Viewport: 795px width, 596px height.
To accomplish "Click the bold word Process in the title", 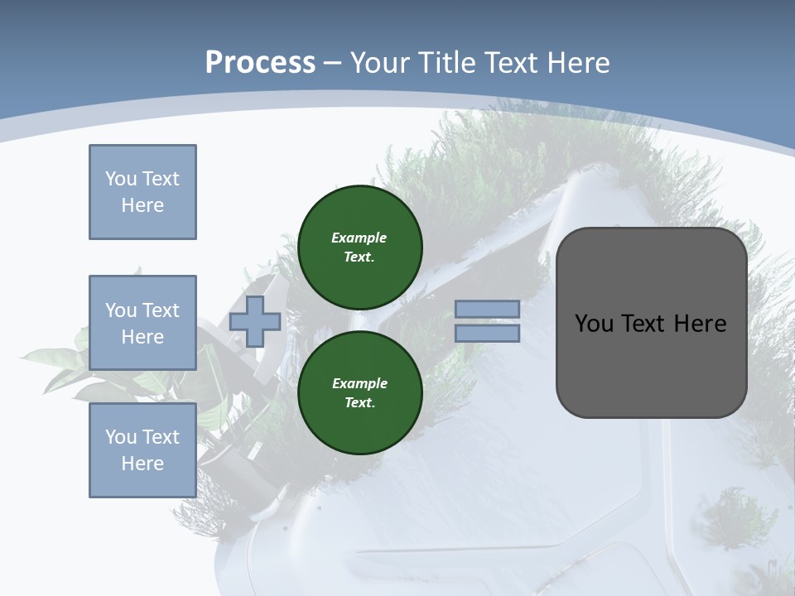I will click(260, 62).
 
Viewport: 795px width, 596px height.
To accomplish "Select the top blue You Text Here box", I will click(142, 192).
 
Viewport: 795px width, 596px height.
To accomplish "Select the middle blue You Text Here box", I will click(142, 323).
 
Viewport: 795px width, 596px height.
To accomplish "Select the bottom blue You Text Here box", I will click(142, 450).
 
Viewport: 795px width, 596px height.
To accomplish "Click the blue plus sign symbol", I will click(255, 321).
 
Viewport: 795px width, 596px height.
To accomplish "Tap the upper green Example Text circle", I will click(359, 247).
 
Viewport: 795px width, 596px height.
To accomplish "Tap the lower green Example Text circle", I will click(359, 392).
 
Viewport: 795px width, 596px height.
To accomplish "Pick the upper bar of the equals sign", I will click(487, 309).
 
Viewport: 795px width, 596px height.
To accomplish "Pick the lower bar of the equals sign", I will click(487, 333).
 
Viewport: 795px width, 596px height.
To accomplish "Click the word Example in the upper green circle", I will click(359, 238).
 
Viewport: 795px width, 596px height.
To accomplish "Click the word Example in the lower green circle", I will click(359, 383).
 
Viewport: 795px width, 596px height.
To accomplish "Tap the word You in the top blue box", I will click(120, 179).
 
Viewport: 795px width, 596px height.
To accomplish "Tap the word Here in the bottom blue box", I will click(142, 464).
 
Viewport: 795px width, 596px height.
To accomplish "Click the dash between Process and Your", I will click(333, 63).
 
